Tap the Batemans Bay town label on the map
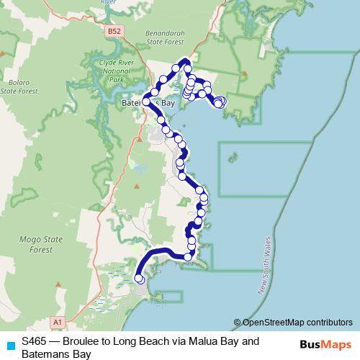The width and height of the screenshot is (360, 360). (x=147, y=104)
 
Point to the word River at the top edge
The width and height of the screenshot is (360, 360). (x=108, y=3)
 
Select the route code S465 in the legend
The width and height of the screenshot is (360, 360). (x=35, y=341)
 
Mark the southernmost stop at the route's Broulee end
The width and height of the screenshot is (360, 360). (x=140, y=279)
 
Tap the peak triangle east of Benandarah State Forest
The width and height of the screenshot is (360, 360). (x=245, y=73)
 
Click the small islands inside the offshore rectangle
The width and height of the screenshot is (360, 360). (x=233, y=156)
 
